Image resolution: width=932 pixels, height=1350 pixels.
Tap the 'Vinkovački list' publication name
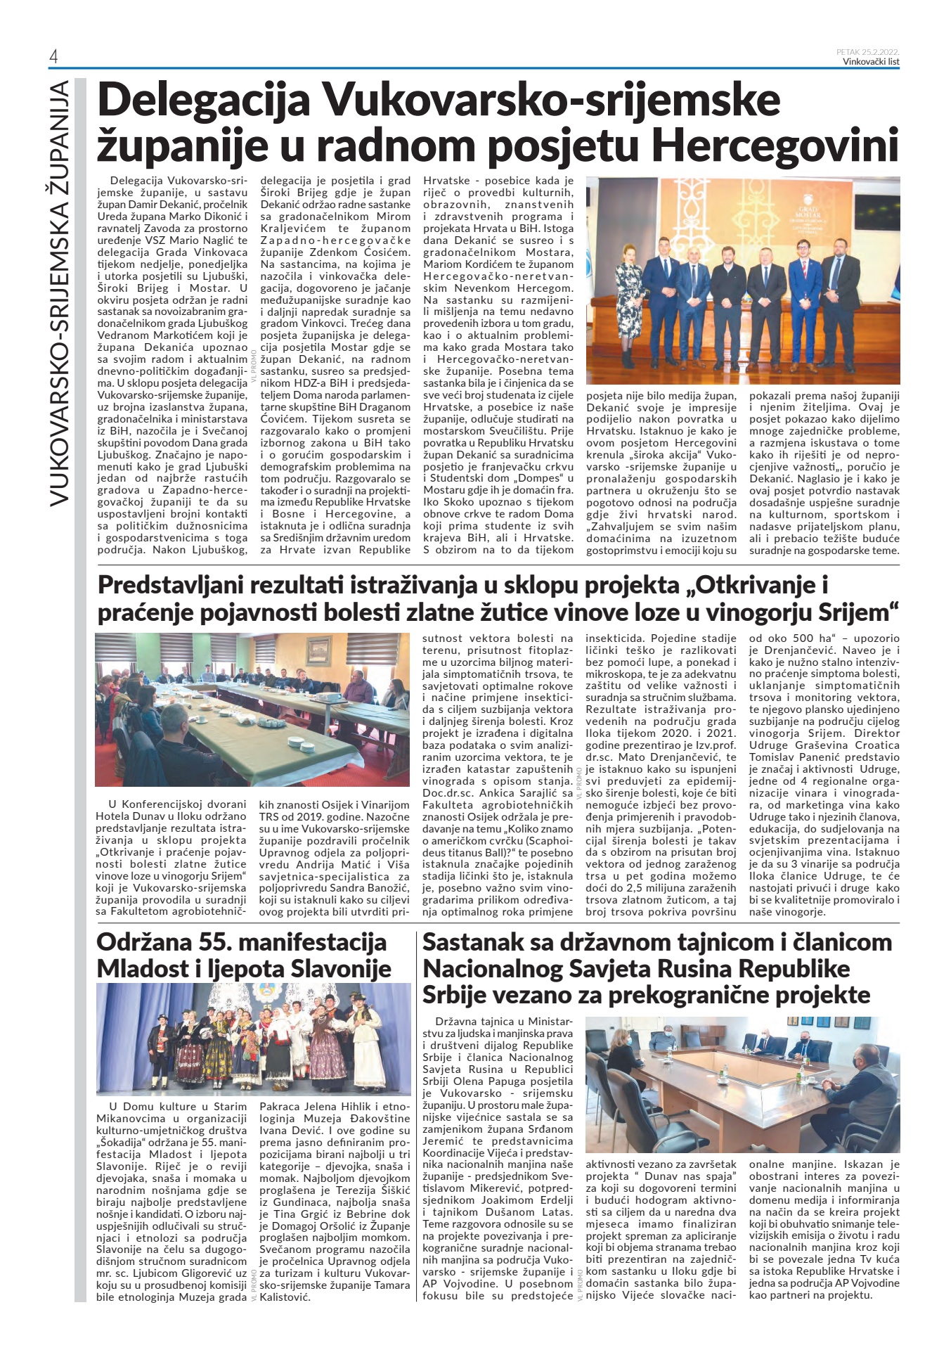[871, 62]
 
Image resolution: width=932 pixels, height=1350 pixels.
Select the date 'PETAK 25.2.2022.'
[868, 52]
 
